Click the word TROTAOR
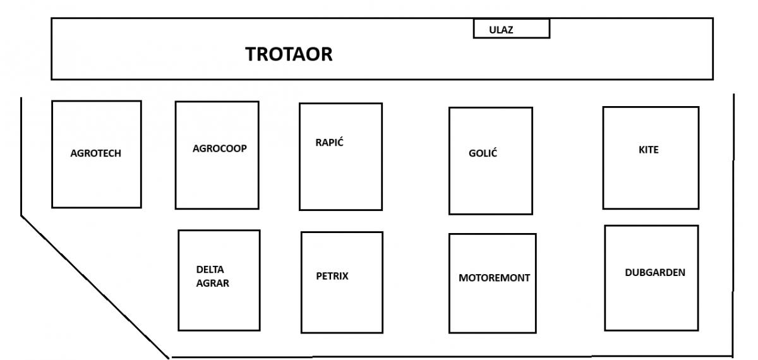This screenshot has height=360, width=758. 289,54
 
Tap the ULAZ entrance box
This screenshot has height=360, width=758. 512,28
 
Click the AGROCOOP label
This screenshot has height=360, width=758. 219,149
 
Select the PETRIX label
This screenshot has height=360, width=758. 332,276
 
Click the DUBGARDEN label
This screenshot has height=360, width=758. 655,273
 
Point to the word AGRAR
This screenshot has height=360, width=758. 212,284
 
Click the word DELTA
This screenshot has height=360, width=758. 210,270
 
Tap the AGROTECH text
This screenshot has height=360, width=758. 96,153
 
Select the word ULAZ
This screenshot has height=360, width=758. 501,28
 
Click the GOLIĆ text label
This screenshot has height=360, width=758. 483,154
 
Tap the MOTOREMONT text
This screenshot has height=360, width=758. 494,277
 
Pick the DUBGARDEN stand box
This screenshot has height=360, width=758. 652,303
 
